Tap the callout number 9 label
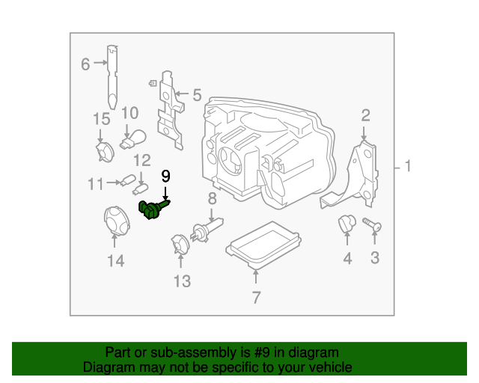pyautogui.click(x=165, y=177)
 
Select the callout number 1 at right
pyautogui.click(x=408, y=166)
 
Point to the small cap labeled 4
pyautogui.click(x=347, y=223)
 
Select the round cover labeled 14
pyautogui.click(x=115, y=221)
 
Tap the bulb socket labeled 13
pyautogui.click(x=180, y=244)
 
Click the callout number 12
pyautogui.click(x=141, y=160)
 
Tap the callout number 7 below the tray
pyautogui.click(x=256, y=298)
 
